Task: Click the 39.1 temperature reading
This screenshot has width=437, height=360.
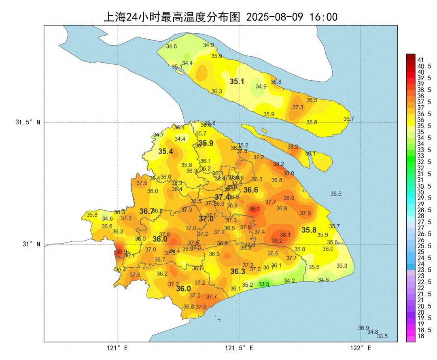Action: coord(255,209)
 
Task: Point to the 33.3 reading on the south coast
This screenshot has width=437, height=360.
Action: coord(264,284)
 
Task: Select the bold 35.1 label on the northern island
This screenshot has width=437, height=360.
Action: coord(237,81)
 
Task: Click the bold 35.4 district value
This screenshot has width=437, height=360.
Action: coord(165,151)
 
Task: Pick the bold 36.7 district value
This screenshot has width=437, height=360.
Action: coord(147,211)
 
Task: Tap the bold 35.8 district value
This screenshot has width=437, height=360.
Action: coord(309,230)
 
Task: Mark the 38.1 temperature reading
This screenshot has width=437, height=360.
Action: coord(285,234)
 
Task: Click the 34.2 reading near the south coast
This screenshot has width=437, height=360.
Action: coord(289,280)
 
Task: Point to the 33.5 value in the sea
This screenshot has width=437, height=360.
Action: coord(382,336)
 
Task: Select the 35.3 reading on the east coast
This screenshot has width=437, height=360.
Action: coord(342,266)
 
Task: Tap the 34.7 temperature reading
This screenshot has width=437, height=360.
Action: coord(159,135)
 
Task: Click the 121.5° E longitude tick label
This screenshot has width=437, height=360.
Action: coord(240,348)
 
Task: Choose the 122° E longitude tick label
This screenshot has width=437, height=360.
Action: coord(361,348)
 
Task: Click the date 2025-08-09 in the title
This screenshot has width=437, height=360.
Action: coord(275,17)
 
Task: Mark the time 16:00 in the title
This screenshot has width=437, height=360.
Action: coord(323,17)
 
